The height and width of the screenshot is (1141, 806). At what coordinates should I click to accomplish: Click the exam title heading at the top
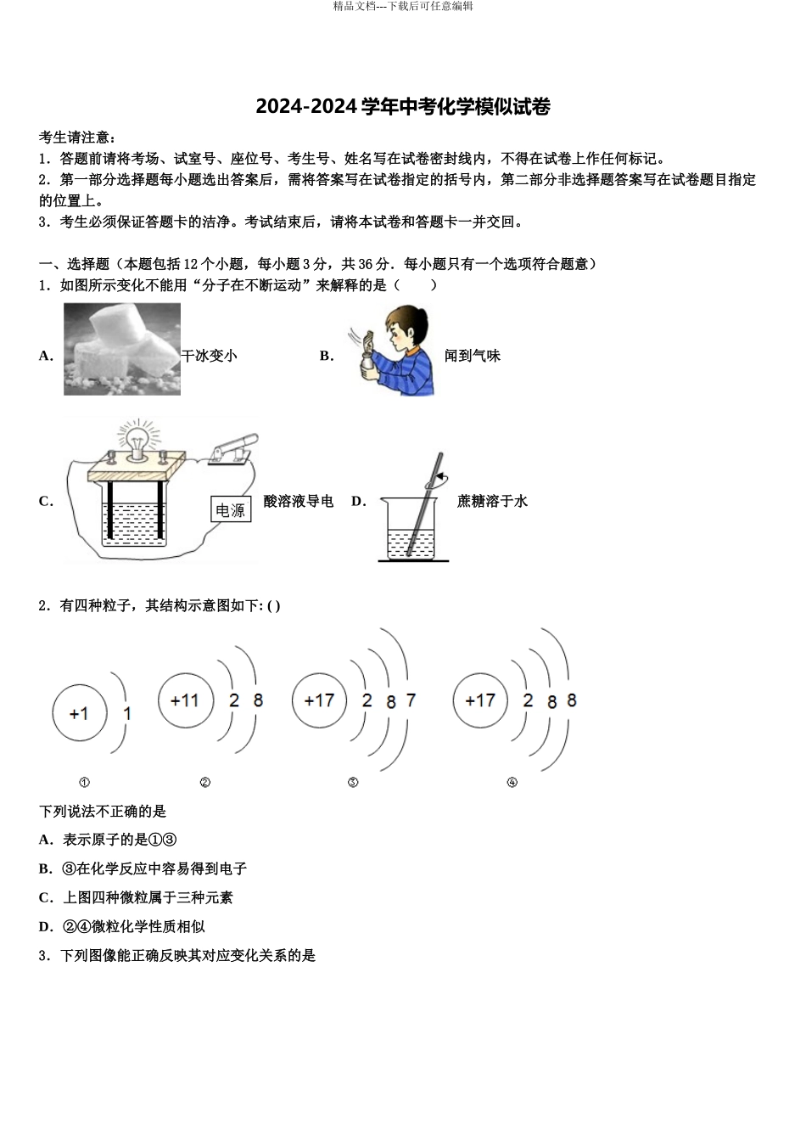point(403,107)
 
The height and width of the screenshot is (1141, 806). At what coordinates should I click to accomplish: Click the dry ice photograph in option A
point(122,349)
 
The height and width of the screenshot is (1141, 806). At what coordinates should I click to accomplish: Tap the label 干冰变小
point(210,356)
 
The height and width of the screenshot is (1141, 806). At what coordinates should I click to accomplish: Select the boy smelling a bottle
point(393,349)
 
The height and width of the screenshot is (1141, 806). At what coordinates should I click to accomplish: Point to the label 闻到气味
point(473,356)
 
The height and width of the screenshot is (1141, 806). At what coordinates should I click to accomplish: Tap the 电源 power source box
point(230,509)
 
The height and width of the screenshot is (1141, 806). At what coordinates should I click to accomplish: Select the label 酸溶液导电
point(299,501)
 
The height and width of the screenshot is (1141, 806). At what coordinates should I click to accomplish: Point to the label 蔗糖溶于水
point(492,501)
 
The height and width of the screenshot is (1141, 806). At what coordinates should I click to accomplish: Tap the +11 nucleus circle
point(184,700)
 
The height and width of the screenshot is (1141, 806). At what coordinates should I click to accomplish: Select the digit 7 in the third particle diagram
point(411,700)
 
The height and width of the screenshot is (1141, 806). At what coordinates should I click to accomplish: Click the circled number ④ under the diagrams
point(512,783)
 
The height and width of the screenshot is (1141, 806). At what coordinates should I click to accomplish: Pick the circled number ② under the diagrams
point(204,783)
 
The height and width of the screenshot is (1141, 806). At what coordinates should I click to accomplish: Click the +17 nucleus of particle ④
point(479,700)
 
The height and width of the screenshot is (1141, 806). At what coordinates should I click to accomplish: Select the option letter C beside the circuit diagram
point(46,501)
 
